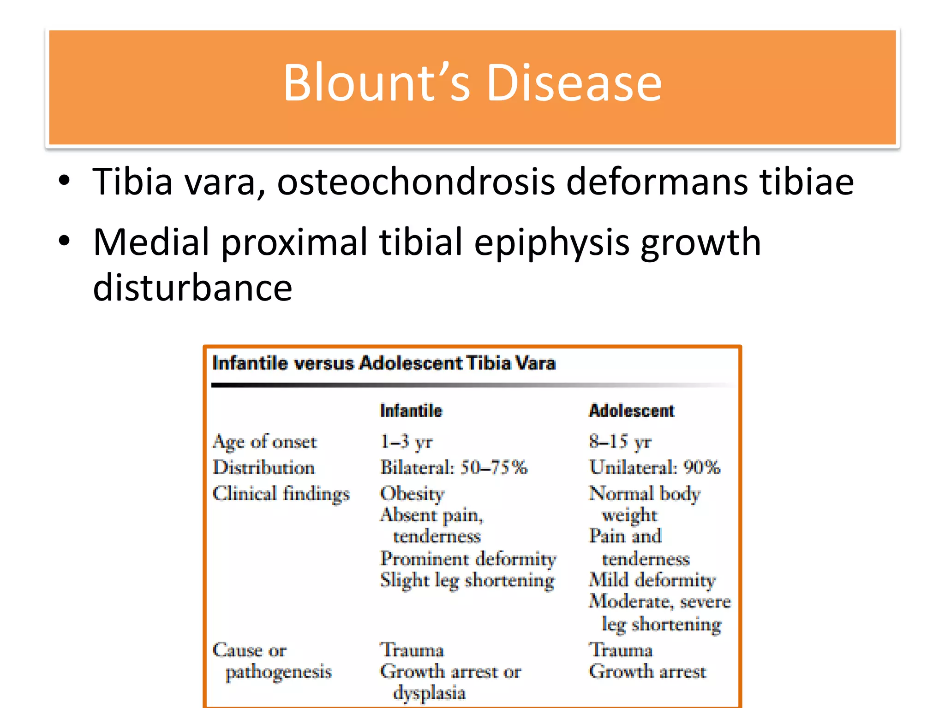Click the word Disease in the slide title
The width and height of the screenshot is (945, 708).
(x=574, y=83)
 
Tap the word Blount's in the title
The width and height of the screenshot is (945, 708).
(x=376, y=83)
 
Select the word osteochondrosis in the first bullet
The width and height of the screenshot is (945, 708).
(x=416, y=182)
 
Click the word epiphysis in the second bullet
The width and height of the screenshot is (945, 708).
(x=551, y=243)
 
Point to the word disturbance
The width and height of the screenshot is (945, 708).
(x=192, y=287)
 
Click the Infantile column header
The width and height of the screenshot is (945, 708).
(x=411, y=410)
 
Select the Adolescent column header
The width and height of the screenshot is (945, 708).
(x=631, y=410)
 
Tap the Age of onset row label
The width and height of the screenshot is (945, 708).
(x=264, y=442)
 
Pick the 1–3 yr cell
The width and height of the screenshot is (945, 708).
(x=406, y=442)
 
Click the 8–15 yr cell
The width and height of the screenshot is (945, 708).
(x=620, y=442)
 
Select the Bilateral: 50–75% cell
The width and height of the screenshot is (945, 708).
(x=454, y=467)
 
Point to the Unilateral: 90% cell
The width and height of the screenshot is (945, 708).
(x=654, y=467)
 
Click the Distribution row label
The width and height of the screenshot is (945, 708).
(x=263, y=467)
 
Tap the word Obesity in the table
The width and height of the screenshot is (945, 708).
(x=412, y=494)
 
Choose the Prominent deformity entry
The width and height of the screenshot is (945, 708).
(x=468, y=559)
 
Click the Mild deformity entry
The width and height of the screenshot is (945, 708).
(x=652, y=580)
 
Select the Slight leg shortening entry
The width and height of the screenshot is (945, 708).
(x=467, y=580)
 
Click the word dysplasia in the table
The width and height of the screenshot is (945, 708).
(x=429, y=693)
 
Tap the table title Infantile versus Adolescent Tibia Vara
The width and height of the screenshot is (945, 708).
(x=383, y=363)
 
